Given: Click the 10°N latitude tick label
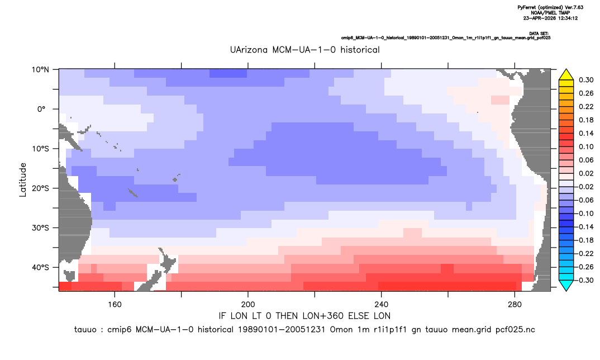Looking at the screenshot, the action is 40,70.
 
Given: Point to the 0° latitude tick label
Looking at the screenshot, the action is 41,109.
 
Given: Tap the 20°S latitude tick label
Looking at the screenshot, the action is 40,188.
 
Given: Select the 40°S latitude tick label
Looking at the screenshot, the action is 40,267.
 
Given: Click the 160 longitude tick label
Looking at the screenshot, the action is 115,305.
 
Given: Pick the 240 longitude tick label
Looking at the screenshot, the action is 382,305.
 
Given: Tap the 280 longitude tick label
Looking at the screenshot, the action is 515,305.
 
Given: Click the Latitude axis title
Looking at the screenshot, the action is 22,180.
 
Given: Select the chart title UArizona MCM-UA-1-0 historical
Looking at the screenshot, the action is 305,50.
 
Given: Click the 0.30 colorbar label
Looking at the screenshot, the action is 586,80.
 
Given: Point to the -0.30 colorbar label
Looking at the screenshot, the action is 584,280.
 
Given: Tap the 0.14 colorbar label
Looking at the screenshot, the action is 586,133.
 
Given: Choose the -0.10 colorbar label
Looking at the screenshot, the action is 584,214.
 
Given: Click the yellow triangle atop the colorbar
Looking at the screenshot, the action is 566,75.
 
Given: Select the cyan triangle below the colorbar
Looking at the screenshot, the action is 566,285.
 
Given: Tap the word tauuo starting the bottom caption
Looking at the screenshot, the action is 85,330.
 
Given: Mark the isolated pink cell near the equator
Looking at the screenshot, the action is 500,100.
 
